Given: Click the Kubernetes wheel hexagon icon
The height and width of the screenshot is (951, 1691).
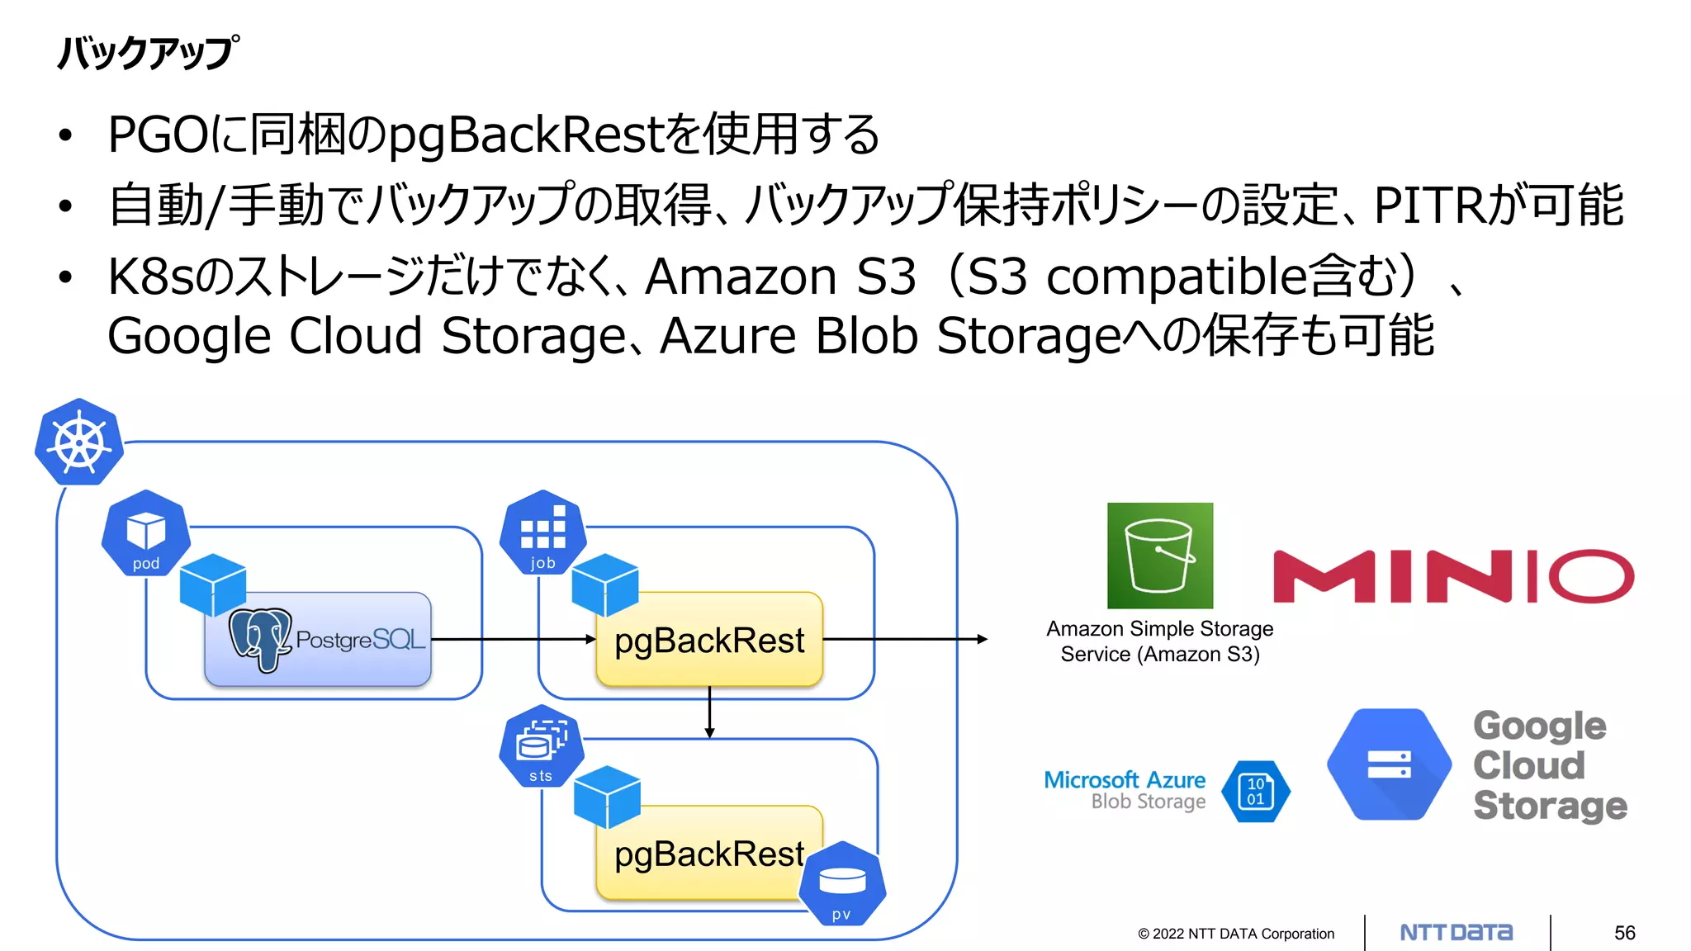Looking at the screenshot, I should pos(79,442).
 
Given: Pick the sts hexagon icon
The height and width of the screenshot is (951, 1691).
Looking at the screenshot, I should pos(541,746).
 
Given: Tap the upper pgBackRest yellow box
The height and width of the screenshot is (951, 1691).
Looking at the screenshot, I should pos(708,641).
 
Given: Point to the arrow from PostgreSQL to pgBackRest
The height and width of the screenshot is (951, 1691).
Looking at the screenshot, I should pos(512,639).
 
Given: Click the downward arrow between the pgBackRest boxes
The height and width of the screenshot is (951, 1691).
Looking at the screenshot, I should pos(709,712).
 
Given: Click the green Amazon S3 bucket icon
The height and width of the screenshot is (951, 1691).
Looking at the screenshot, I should pos(1160,556).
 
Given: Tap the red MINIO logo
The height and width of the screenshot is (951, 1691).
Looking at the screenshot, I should pos(1453,576).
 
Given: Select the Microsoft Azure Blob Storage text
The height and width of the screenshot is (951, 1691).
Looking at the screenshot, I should pos(1125,790).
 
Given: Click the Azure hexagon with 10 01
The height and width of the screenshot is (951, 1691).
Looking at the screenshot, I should pos(1255,792).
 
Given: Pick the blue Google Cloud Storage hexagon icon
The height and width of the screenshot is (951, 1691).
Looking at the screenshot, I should pos(1389,764).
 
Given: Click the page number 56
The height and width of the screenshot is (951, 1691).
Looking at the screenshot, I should pos(1624,933).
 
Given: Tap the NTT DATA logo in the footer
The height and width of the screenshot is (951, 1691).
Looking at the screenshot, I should pos(1457,933).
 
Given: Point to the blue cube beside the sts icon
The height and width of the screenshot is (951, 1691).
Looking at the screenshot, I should pos(607,797).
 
